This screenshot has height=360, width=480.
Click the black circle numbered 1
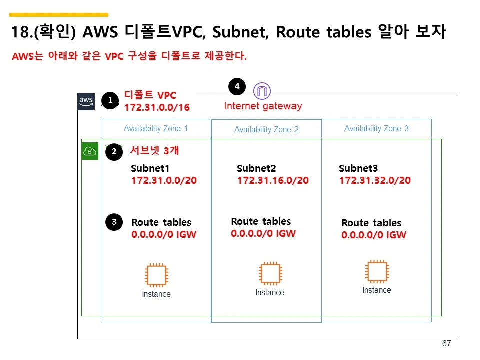tap(110, 100)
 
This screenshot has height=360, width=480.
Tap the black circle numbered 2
tap(114, 152)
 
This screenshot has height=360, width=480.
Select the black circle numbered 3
tap(114, 222)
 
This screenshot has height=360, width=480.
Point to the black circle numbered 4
tap(237, 87)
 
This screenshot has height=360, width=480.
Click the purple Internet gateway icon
tap(262, 91)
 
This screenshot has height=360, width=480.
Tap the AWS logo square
tap(86, 101)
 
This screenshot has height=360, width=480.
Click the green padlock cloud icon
tap(90, 151)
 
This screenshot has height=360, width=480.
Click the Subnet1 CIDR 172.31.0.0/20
tap(164, 180)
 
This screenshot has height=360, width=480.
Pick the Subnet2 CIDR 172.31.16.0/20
tap(273, 180)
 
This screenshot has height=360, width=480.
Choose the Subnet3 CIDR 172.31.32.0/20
tap(375, 180)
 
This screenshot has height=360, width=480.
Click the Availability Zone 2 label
tap(266, 129)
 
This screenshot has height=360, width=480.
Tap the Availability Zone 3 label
tap(376, 128)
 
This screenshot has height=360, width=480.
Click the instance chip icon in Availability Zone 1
tap(156, 275)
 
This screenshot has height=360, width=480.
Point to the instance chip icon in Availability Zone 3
tap(377, 271)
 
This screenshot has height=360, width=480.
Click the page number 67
tap(447, 344)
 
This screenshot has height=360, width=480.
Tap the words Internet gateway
tap(263, 106)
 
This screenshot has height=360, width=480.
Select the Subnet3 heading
tap(358, 168)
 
